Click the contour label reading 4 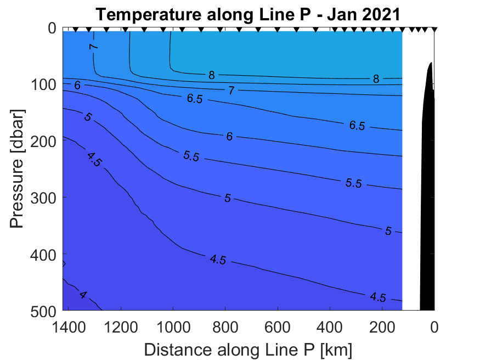[83, 295]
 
